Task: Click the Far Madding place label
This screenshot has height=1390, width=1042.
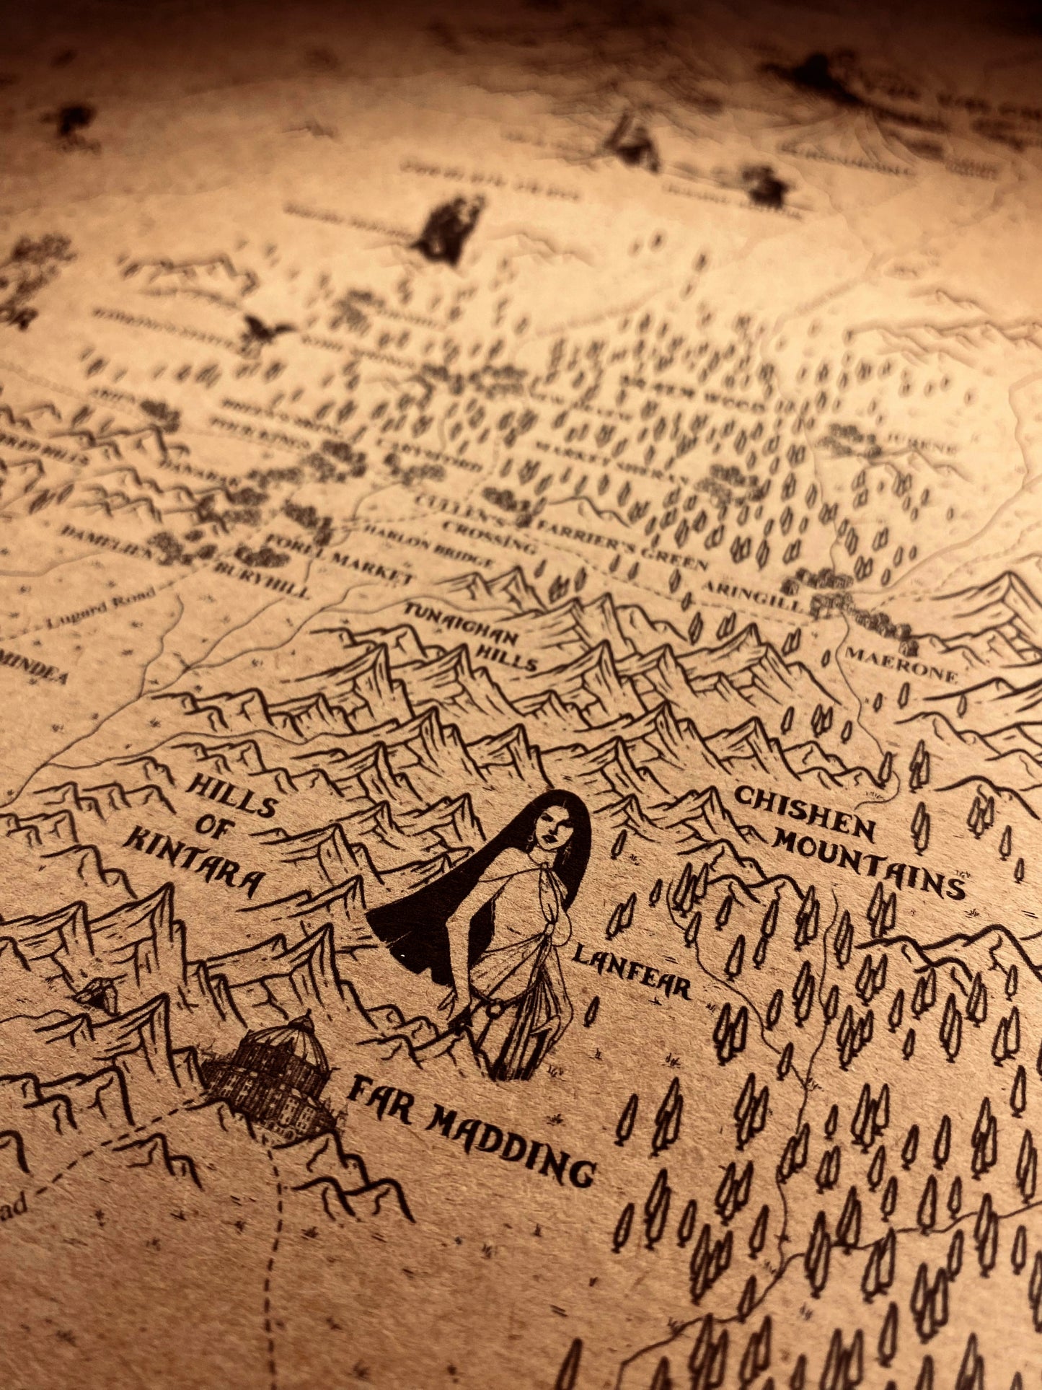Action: tap(472, 1135)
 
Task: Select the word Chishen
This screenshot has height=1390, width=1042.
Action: tap(804, 814)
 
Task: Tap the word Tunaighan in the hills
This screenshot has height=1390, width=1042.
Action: tap(462, 625)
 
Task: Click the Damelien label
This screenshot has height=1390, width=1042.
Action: tap(107, 542)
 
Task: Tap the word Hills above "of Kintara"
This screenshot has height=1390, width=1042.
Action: tap(231, 793)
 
